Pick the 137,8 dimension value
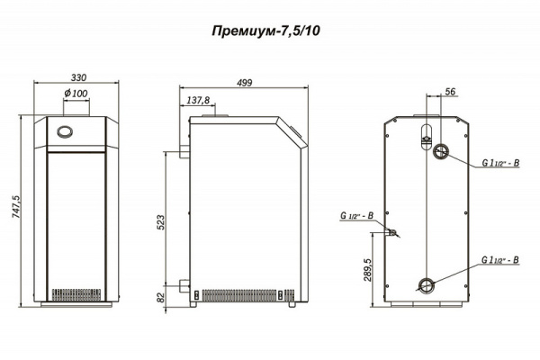[198, 100]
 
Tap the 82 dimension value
[161, 297]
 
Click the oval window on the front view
[66, 131]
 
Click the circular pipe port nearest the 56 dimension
[441, 150]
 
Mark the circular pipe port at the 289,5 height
[425, 287]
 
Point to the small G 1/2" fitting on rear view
[392, 232]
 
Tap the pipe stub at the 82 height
[184, 289]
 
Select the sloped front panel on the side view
[293, 133]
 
